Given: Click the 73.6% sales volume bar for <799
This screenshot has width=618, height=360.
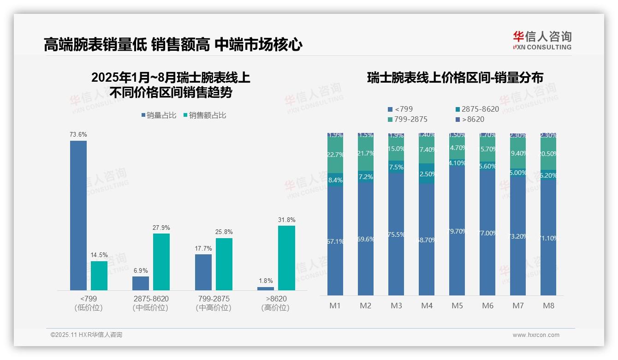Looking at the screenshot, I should (x=78, y=215).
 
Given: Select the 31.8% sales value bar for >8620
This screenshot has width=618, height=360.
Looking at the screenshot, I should (x=286, y=258).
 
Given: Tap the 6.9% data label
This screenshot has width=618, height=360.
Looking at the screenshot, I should (x=141, y=270).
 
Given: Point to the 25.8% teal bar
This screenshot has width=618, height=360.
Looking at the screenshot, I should (x=224, y=264).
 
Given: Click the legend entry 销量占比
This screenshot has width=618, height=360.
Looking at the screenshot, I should (x=158, y=115).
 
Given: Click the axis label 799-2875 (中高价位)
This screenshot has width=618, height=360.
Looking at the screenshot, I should (x=213, y=303).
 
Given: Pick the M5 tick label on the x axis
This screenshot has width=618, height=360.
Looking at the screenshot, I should (x=457, y=306).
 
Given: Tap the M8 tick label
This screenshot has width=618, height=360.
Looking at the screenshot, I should (x=548, y=306).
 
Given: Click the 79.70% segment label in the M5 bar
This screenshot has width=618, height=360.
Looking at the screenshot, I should (x=457, y=231).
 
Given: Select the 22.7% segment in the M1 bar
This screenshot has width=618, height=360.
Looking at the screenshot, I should (x=335, y=155).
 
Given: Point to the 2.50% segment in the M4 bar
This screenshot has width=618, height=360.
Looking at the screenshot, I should (x=427, y=174).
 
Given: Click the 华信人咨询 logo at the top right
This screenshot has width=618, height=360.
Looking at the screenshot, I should (x=542, y=40).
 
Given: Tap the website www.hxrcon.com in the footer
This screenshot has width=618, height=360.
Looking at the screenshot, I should (x=535, y=335).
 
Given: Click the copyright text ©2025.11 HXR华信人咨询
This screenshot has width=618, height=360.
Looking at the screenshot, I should (x=86, y=335).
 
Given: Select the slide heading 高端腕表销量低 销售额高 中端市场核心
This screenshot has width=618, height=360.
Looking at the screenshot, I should (x=173, y=45).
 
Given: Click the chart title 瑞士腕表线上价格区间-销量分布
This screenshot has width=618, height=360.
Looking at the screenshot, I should (x=455, y=78).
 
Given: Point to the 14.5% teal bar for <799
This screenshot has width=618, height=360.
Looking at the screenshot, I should (x=99, y=276).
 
